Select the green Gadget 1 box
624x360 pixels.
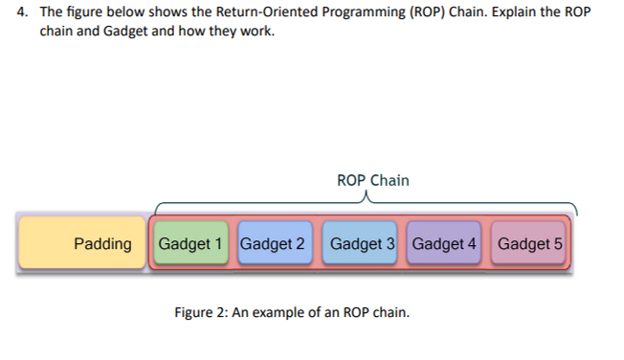pos(191,243)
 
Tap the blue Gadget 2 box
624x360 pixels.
pos(274,243)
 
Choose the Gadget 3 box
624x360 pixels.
pos(362,243)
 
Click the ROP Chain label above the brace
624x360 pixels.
pos(372,180)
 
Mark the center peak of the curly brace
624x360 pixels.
pos(365,198)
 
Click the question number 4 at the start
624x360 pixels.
pos(23,13)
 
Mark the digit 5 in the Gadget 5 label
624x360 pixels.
pos(557,243)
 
